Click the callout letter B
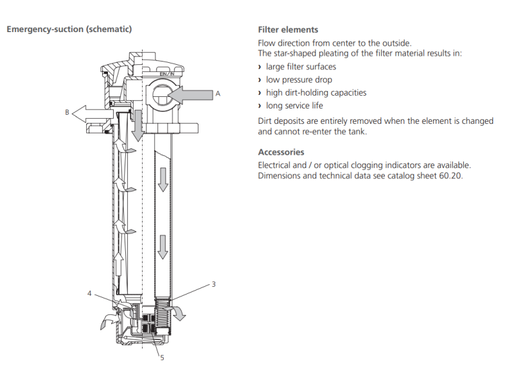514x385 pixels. (67, 112)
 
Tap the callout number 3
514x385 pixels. (213, 284)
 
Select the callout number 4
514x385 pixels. (89, 293)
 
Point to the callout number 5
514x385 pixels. (162, 357)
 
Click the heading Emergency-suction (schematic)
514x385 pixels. (69, 30)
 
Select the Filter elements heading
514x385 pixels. (288, 30)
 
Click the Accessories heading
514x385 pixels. (281, 152)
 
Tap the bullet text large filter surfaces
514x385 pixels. (301, 67)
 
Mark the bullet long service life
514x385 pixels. (294, 105)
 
